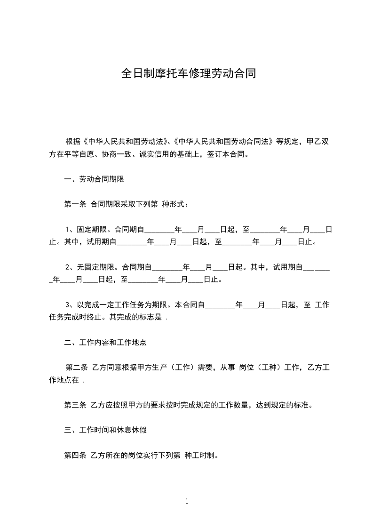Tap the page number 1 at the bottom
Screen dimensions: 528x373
coord(187,501)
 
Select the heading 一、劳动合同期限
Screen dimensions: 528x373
coord(94,179)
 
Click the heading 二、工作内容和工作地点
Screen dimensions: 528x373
coord(105,343)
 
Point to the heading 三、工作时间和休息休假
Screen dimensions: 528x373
coord(105,430)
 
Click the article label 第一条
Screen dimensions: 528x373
coord(75,204)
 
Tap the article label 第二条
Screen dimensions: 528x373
coord(77,368)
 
